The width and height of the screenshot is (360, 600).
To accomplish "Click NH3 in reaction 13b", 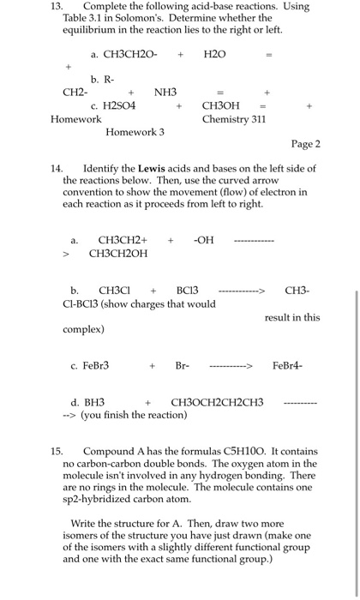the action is [x=165, y=91].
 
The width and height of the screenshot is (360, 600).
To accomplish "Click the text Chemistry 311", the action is [x=234, y=119].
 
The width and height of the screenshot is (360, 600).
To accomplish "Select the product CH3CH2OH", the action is [x=123, y=254].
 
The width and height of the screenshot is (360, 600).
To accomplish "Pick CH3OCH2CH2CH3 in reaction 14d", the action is [x=218, y=402].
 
